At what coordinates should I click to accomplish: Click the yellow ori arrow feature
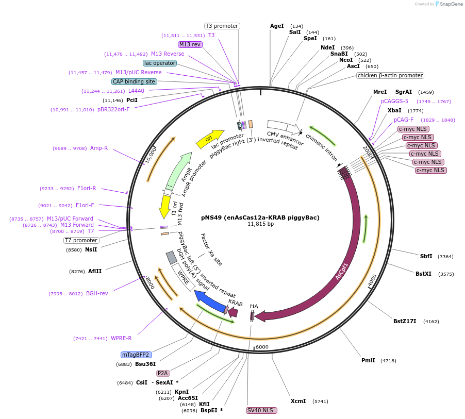point(208,139)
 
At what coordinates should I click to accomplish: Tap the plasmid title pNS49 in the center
point(260,217)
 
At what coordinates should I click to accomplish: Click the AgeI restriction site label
point(277,26)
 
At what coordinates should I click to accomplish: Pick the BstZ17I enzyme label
point(405,321)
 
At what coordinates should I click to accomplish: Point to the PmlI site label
point(368,360)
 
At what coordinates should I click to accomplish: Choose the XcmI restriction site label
point(298,400)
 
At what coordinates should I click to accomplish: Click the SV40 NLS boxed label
point(261,410)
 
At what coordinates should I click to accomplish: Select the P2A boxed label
point(163,373)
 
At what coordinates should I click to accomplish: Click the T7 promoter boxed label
point(81,240)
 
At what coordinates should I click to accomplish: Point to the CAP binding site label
point(134,81)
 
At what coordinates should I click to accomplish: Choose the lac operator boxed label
point(160,63)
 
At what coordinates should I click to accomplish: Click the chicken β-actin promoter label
point(390,75)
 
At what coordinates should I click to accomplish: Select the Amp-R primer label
point(99,148)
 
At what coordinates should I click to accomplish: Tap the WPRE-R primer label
point(121,338)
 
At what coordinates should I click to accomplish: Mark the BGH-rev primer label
point(97,293)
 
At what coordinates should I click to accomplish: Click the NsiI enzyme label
point(91,249)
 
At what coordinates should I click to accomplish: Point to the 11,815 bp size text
point(260,224)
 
